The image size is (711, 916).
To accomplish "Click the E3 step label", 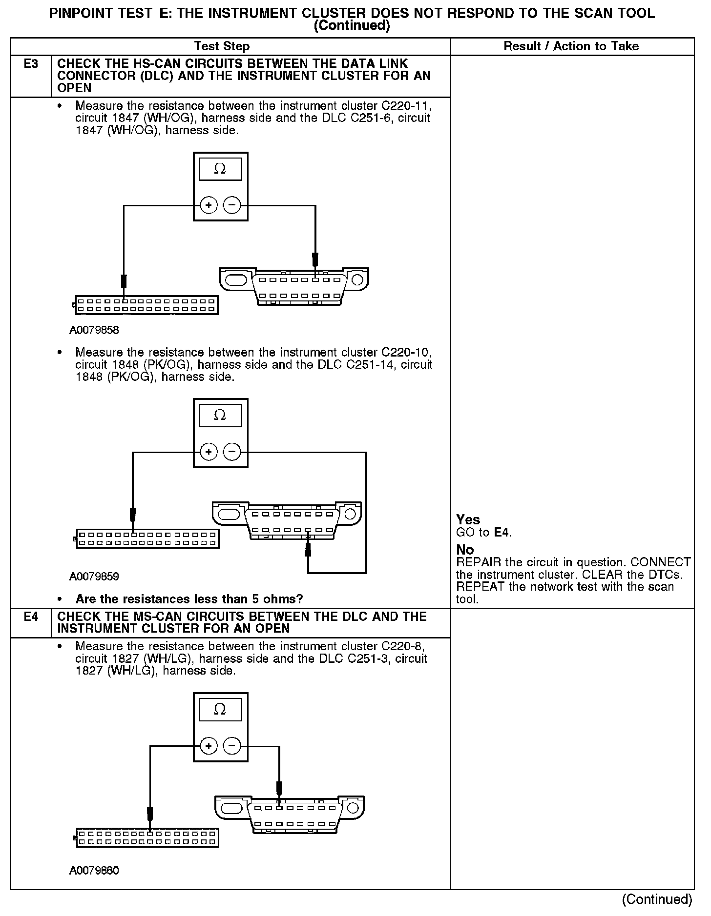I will pyautogui.click(x=31, y=64).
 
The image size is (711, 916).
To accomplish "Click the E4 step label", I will pyautogui.click(x=31, y=617).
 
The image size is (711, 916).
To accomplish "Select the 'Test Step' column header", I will pyautogui.click(x=222, y=46).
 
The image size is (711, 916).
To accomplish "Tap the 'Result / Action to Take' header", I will pyautogui.click(x=571, y=46).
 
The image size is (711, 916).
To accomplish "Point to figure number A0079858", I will pyautogui.click(x=94, y=330).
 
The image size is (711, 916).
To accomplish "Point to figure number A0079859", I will pyautogui.click(x=94, y=577).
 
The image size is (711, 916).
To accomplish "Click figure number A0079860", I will pyautogui.click(x=94, y=871).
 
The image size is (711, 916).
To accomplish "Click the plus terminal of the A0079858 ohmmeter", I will pyautogui.click(x=209, y=205).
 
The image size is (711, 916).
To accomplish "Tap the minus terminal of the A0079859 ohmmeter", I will pyautogui.click(x=232, y=452).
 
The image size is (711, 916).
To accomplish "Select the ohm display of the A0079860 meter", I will pyautogui.click(x=220, y=710).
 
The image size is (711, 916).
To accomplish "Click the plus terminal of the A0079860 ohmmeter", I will pyautogui.click(x=209, y=746).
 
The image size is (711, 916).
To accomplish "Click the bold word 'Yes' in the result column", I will pyautogui.click(x=468, y=519).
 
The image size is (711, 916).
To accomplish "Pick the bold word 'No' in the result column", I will pyautogui.click(x=465, y=550).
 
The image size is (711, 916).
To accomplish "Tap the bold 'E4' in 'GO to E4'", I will pyautogui.click(x=502, y=532).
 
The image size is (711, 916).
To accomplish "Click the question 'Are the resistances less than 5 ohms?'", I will pyautogui.click(x=189, y=599).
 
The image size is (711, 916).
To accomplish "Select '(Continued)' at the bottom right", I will pyautogui.click(x=657, y=899).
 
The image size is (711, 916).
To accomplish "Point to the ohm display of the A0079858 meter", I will pyautogui.click(x=220, y=169).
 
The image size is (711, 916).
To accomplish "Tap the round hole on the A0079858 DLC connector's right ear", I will pyautogui.click(x=357, y=280).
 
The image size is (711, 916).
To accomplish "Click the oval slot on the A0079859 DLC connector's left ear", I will pyautogui.click(x=228, y=514).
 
